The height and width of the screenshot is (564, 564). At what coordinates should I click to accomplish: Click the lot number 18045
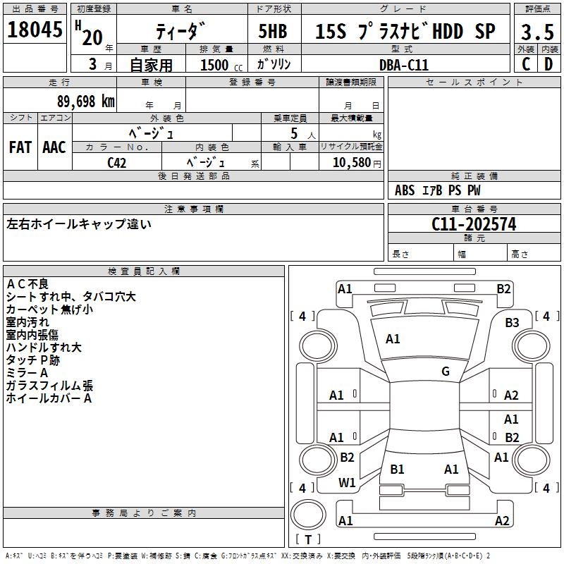coord(34,30)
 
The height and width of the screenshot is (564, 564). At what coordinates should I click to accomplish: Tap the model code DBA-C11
coord(403,64)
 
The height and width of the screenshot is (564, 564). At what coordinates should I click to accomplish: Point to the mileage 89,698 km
coord(80,101)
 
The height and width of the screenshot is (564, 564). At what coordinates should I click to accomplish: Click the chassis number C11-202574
coord(474,224)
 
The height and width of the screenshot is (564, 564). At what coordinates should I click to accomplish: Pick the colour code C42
coord(117,162)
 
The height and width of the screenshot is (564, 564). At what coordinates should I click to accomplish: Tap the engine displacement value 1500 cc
coord(219,65)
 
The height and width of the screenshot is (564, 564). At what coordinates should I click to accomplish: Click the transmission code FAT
coord(20,147)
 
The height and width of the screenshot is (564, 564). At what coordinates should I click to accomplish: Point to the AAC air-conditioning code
coord(54,147)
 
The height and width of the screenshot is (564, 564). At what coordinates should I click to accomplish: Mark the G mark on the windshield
coord(446,372)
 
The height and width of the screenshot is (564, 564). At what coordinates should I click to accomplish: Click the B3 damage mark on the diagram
coord(512,323)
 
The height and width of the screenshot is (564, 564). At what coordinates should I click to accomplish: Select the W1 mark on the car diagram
coord(347,483)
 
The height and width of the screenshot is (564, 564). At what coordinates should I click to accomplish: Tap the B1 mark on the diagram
coord(397,469)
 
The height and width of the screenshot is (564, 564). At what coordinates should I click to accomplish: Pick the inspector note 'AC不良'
coord(27,283)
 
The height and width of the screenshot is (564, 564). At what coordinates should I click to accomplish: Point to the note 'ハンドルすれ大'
coord(44,347)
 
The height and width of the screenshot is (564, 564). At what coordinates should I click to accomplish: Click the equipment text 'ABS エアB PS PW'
coord(437,190)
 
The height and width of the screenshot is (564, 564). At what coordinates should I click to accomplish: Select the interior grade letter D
coord(548,64)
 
